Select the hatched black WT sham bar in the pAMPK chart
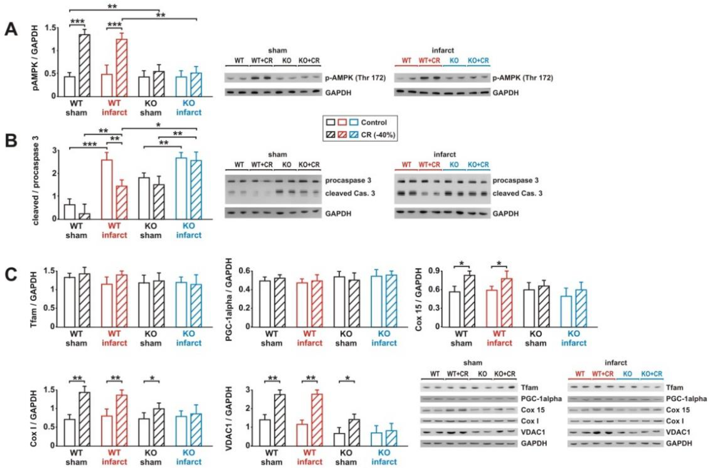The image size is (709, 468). coord(85,65)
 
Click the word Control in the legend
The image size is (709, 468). coord(374,122)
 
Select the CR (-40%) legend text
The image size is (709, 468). coord(378,135)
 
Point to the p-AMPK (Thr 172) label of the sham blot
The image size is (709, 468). coord(355,78)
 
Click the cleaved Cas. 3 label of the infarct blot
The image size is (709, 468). coord(517,193)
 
